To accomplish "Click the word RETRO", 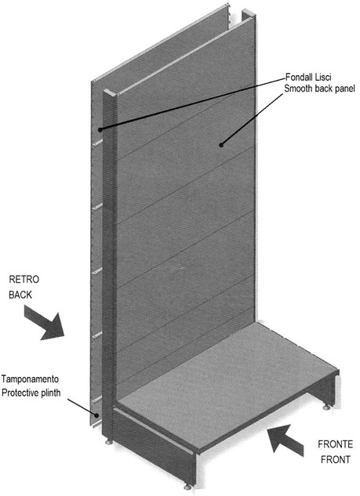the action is click(x=24, y=280).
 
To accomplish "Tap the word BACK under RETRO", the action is click(x=20, y=295).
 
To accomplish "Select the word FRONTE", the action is click(x=336, y=444).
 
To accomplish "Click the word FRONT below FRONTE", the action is click(x=336, y=459).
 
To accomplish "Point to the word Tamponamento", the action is click(x=30, y=378).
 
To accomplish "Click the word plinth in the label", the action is click(x=51, y=393).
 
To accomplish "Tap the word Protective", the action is click(x=20, y=393).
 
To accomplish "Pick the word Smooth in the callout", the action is click(x=297, y=89).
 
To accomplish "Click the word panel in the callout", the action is click(x=344, y=89).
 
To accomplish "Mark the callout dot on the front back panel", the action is click(x=221, y=145).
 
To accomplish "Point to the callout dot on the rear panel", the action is click(x=100, y=130).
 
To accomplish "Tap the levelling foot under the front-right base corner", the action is click(x=326, y=407).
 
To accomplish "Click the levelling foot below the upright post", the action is click(x=109, y=442).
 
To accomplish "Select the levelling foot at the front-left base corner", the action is click(x=187, y=487).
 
